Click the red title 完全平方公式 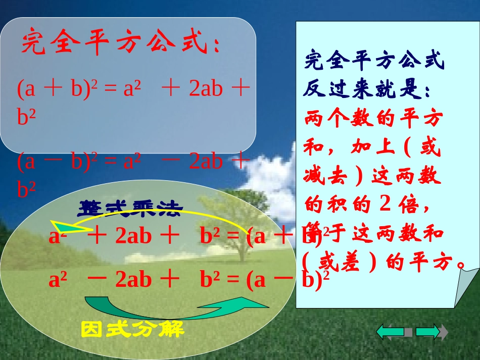[120, 44]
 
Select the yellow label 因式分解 [132, 330]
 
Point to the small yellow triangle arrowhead [63, 227]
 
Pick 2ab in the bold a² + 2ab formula [133, 236]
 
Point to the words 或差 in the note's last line [339, 262]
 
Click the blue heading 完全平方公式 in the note [374, 62]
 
